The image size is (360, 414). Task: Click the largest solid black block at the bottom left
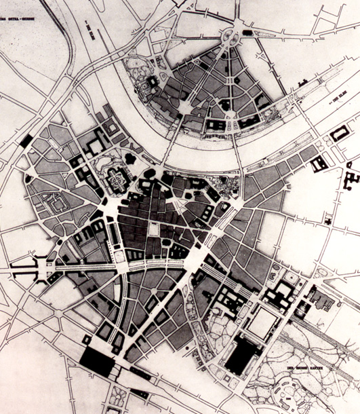point(96,362)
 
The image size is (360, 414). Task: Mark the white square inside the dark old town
point(154,230)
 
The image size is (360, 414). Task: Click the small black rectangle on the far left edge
point(26,140)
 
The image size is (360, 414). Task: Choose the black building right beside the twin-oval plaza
point(247,32)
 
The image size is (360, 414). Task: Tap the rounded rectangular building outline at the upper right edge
point(340,133)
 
